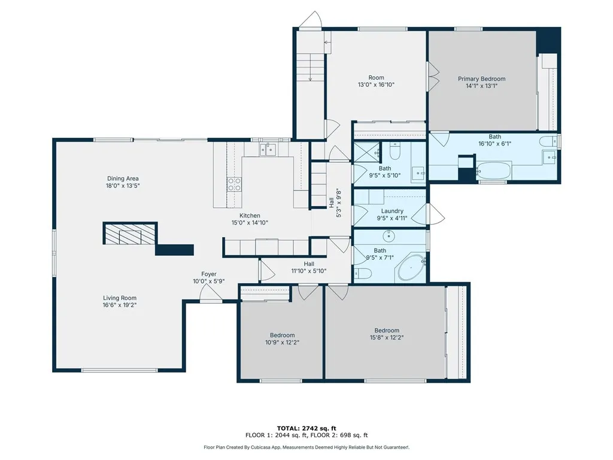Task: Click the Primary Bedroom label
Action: click(482, 79)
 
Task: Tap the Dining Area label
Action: click(123, 178)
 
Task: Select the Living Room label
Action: click(120, 298)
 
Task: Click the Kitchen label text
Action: click(250, 216)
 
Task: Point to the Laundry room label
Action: click(392, 211)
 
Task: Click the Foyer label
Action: click(209, 274)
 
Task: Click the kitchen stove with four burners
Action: click(234, 184)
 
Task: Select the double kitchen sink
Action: click(268, 149)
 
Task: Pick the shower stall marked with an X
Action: click(366, 152)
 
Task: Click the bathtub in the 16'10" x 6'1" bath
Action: click(493, 171)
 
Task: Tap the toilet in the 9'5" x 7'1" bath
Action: click(362, 273)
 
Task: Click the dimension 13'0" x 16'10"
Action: click(376, 85)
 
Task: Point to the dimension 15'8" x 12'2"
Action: click(387, 338)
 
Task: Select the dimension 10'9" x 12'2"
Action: click(283, 342)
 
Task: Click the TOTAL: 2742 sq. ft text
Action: click(306, 428)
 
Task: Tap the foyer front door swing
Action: click(210, 292)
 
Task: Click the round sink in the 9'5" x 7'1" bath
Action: click(389, 236)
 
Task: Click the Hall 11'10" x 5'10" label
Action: click(309, 267)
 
